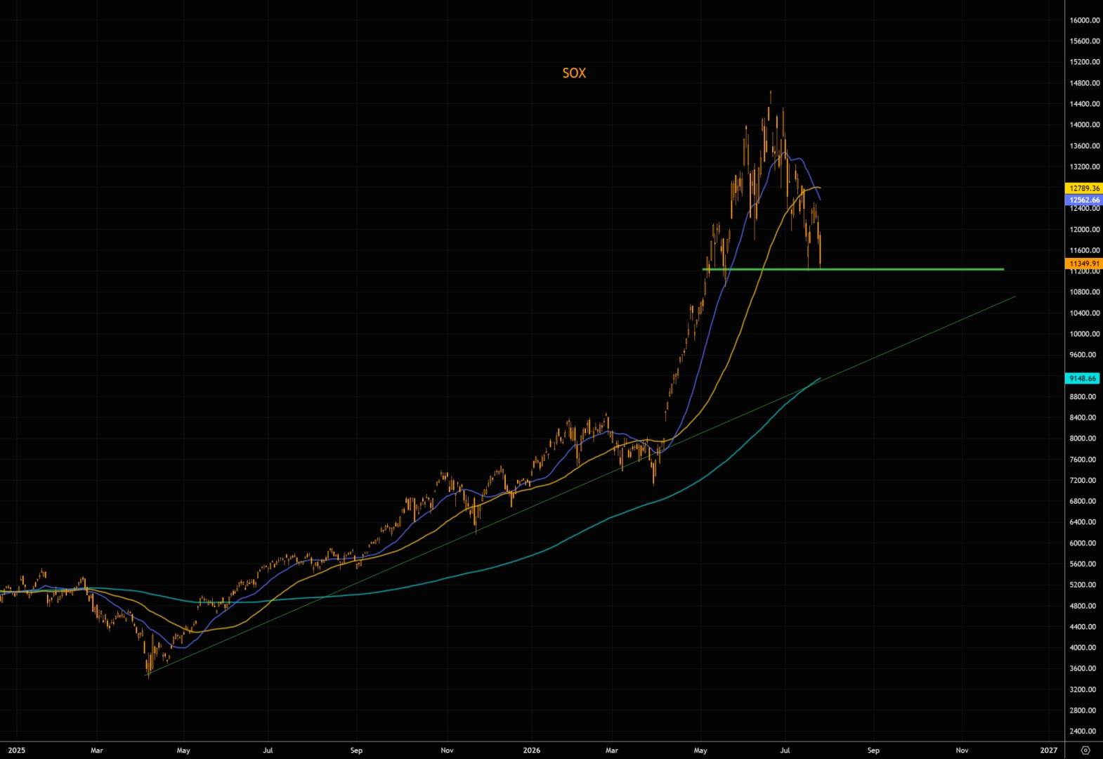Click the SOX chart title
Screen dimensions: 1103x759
[574, 73]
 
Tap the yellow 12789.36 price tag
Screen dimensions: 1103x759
[1084, 188]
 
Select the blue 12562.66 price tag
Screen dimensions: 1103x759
[1084, 200]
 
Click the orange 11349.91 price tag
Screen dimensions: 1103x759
[1084, 264]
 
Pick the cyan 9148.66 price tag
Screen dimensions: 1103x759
[1083, 378]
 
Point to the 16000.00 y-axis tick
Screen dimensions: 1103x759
[1085, 20]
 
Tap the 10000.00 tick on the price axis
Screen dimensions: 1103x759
[1085, 333]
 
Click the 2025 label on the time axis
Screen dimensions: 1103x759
[17, 750]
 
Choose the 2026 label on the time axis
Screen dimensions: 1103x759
[531, 750]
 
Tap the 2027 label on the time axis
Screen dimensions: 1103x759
[1048, 750]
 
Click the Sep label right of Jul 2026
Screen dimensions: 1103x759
[873, 750]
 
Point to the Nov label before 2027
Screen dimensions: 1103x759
[962, 750]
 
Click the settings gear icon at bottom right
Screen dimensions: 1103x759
[1085, 750]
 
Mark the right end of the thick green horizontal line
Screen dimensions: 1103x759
[1003, 269]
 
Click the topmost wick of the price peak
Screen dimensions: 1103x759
[771, 91]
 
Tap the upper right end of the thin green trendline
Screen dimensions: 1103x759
[1015, 297]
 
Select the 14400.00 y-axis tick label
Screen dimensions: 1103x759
[1085, 104]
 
